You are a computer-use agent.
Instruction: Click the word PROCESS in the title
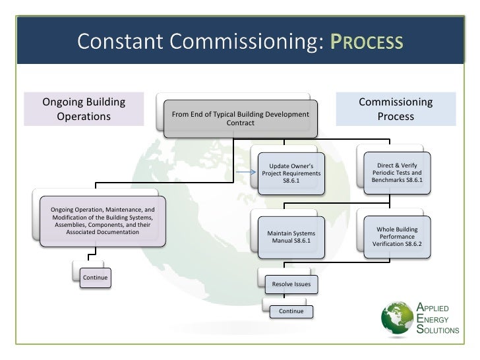[x=366, y=44]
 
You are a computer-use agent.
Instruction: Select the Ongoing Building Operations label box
[x=84, y=109]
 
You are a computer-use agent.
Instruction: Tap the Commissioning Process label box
[x=396, y=109]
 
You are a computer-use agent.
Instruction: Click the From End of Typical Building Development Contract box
[x=240, y=119]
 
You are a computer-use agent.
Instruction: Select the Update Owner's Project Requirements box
[x=291, y=173]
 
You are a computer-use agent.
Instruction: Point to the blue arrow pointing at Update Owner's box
[x=245, y=173]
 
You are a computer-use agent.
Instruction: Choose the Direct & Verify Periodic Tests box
[x=397, y=171]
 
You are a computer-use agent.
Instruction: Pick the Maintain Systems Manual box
[x=291, y=237]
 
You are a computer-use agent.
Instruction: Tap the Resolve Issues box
[x=291, y=284]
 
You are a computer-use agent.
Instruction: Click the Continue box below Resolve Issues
[x=291, y=311]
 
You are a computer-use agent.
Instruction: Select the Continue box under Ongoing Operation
[x=95, y=278]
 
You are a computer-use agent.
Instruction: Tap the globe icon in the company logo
[x=398, y=320]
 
